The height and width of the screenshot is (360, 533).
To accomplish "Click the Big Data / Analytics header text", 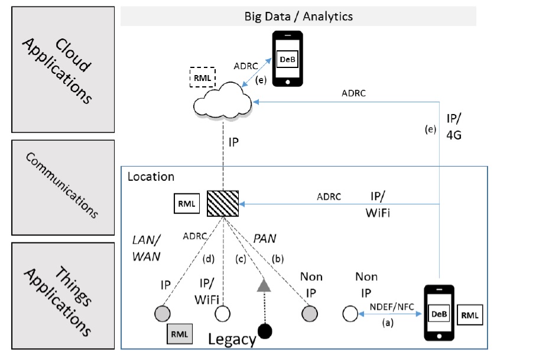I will click(x=298, y=16).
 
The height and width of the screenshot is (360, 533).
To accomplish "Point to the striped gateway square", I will click(x=223, y=204).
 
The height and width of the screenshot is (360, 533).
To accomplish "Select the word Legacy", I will click(x=232, y=339).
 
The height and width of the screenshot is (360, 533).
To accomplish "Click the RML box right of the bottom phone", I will click(x=470, y=316).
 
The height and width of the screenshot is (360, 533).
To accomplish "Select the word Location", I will click(x=151, y=176).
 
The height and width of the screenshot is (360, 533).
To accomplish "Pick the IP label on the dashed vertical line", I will click(x=234, y=144).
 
